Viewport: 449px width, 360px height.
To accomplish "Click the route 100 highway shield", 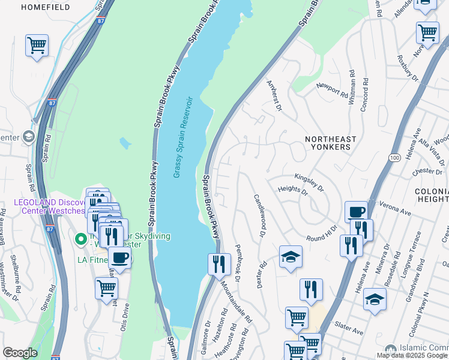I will click(394, 157).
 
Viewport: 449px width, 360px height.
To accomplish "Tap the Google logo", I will click(19, 353).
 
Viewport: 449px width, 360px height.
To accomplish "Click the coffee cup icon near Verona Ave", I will click(356, 212).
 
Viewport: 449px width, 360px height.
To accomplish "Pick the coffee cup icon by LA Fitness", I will click(120, 258).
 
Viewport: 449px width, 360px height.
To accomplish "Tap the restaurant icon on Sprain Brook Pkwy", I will click(219, 263).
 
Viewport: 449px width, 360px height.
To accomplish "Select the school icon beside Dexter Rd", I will click(291, 257).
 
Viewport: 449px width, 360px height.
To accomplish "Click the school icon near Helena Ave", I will click(375, 298).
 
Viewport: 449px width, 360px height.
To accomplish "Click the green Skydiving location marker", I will click(80, 239).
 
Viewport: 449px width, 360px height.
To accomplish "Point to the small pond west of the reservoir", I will click(125, 143).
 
